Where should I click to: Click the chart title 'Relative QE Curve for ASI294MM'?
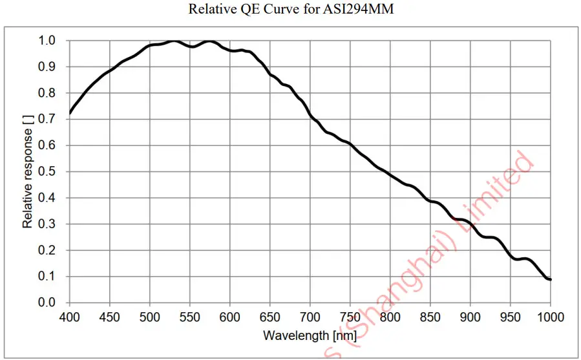(x=291, y=10)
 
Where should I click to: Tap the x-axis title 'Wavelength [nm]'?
(x=310, y=335)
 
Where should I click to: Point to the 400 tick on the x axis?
(x=70, y=317)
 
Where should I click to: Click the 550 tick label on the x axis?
(x=190, y=317)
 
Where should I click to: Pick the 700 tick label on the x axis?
(x=310, y=317)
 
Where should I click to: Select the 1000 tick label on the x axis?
(x=550, y=317)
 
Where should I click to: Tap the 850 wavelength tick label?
(x=430, y=317)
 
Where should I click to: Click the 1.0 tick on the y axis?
(x=47, y=41)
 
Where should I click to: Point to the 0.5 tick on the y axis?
(x=47, y=172)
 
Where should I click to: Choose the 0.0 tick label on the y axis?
(x=47, y=302)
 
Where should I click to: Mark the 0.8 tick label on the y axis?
(x=47, y=93)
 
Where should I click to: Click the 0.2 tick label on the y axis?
(x=47, y=250)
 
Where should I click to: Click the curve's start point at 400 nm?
(x=70, y=114)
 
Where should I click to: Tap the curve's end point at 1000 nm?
(x=550, y=279)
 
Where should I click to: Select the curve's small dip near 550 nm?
(x=192, y=47)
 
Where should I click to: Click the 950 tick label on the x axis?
(x=511, y=317)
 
